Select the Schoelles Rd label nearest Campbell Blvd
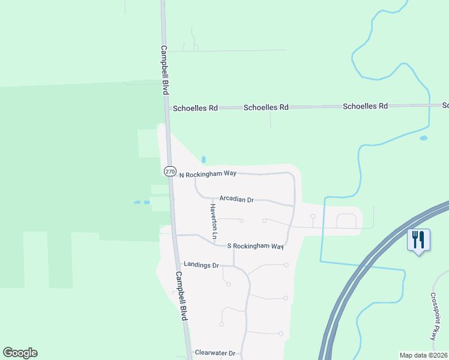coord(195,109)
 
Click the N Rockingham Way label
coord(208,174)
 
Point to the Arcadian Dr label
coord(237,199)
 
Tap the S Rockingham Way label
coord(255,246)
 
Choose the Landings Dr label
coord(201,265)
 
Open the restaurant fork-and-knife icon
coord(418,240)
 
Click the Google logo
coord(20,352)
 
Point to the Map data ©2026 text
coord(423,355)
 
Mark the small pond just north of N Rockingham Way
coord(204,160)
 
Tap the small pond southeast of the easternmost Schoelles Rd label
coord(424,138)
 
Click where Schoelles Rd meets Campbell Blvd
coord(167,108)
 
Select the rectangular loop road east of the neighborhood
coord(346,221)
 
